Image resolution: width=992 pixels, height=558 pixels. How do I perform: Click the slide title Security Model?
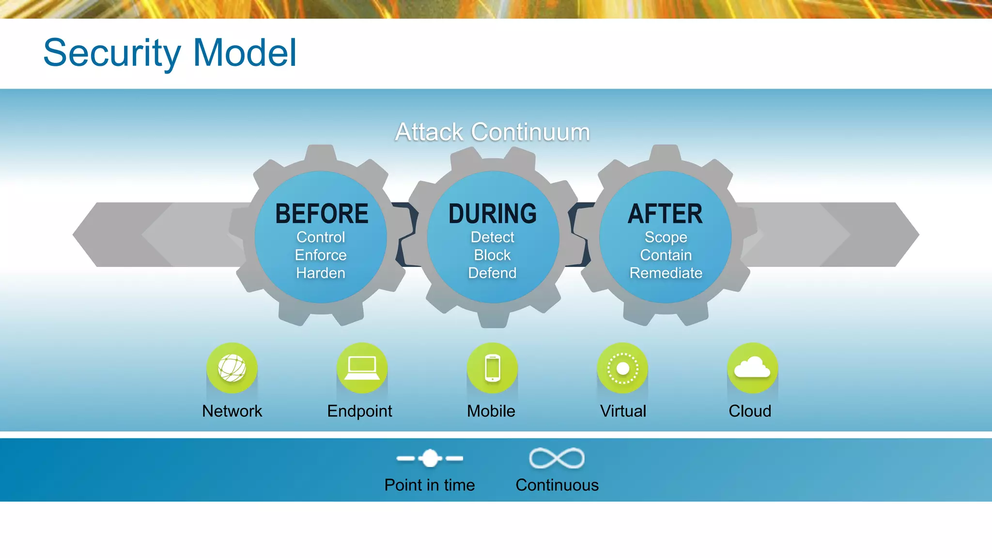coord(170,53)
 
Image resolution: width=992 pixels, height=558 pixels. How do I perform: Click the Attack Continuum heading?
coord(492,132)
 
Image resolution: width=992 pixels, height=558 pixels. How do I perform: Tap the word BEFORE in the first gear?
coord(322,214)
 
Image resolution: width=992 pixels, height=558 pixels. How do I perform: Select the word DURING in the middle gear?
coord(492,214)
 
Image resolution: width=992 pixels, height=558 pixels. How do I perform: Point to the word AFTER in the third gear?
coord(665,214)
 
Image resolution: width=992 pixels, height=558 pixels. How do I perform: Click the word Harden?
coord(321,273)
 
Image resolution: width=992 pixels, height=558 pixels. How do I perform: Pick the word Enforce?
coord(321,255)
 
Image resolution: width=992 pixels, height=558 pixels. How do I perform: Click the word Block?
coord(492,255)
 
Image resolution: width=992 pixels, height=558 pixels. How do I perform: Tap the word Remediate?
coord(666,273)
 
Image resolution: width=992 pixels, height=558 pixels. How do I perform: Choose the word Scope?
coord(666,237)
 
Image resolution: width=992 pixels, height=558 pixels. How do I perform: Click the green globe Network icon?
coord(232,368)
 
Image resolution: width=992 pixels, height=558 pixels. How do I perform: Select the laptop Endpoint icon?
coord(362,368)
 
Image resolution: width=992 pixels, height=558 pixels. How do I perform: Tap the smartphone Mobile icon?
coord(492,368)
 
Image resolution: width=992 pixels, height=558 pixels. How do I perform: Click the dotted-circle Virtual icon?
coord(622,368)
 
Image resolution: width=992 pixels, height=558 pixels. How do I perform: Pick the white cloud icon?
coord(752,368)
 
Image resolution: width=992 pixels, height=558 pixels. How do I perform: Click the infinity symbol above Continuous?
coord(557,458)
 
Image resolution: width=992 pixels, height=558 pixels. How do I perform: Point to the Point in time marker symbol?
coord(430,458)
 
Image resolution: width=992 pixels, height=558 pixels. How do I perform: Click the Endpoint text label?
coord(359,411)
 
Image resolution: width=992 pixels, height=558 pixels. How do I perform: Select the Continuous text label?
coord(557,485)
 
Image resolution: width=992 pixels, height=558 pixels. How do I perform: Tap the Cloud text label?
coord(750,411)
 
